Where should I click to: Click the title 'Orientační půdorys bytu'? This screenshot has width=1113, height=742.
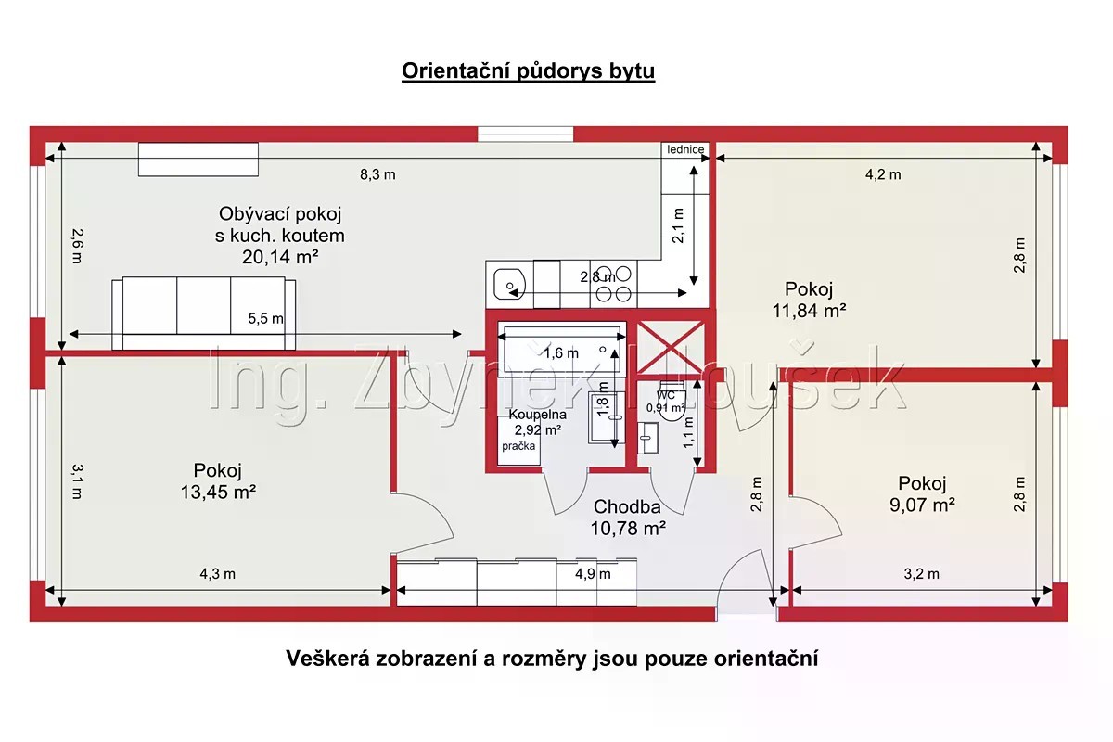click(528, 71)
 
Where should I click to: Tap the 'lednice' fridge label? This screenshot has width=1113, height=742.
click(685, 149)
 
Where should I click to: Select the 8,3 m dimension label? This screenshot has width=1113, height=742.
click(377, 174)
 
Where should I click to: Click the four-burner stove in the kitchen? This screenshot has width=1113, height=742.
click(613, 284)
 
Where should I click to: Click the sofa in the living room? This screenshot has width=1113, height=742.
click(204, 313)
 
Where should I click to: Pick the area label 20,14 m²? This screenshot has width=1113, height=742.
click(280, 257)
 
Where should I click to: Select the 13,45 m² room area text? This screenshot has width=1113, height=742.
click(218, 492)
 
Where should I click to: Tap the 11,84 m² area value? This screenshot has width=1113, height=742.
click(809, 311)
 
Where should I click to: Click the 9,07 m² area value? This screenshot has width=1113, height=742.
click(922, 505)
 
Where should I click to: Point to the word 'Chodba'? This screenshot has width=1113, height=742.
click(627, 506)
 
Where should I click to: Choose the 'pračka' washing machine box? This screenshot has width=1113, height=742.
click(518, 441)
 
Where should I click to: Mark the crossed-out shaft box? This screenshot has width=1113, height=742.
click(671, 348)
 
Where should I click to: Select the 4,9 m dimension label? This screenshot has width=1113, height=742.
click(593, 574)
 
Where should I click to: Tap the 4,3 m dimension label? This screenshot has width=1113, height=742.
click(218, 574)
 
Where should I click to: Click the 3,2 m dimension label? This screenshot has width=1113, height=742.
click(922, 574)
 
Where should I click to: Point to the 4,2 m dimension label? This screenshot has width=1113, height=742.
click(883, 174)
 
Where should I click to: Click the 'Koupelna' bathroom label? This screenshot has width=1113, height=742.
click(538, 415)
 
